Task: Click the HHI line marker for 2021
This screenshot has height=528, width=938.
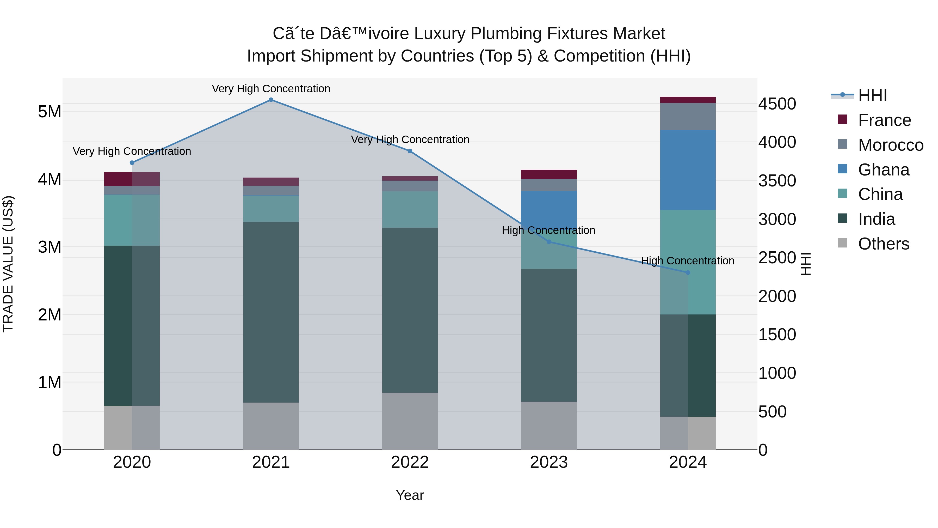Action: (271, 100)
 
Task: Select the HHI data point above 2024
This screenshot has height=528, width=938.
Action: (688, 272)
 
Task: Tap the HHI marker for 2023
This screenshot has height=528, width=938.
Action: (549, 242)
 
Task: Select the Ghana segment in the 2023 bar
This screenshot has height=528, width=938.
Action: (549, 208)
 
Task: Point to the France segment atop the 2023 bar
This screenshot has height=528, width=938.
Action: (549, 174)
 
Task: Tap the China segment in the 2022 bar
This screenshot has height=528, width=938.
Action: (410, 210)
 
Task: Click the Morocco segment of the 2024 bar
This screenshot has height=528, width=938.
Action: (688, 116)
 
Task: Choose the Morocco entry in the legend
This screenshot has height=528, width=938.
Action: (890, 145)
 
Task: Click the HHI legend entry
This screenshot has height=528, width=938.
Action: (872, 95)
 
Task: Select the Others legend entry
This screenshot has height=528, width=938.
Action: (883, 244)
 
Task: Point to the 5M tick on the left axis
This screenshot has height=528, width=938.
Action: (50, 112)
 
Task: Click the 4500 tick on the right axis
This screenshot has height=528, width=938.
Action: (777, 104)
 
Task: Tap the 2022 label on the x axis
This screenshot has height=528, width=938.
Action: (410, 462)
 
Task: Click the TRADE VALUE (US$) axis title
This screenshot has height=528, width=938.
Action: (8, 264)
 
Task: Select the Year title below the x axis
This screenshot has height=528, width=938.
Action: (410, 495)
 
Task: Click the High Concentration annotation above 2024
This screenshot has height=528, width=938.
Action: (688, 261)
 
